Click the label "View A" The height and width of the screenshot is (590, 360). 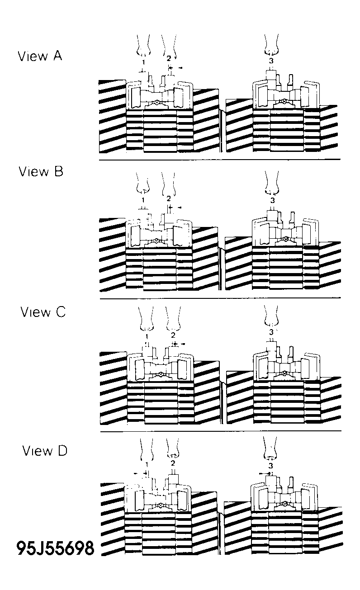(40, 56)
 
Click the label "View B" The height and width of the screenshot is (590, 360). (41, 171)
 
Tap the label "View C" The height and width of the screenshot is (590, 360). (43, 312)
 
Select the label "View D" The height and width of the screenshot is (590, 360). (45, 451)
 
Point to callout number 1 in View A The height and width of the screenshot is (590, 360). (143, 62)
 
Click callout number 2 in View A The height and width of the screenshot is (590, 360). (169, 58)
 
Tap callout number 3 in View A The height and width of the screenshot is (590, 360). (271, 61)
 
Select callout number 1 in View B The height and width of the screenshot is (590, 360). (143, 200)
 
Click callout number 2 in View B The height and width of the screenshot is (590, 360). (169, 198)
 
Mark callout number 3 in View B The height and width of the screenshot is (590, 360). (273, 200)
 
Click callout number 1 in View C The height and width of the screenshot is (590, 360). (147, 337)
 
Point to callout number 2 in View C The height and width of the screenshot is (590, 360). (173, 335)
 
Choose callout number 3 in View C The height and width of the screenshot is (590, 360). (271, 332)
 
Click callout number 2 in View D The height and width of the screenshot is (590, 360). (173, 463)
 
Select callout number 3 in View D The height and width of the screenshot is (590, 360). (270, 466)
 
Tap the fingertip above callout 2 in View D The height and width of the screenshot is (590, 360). (173, 455)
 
